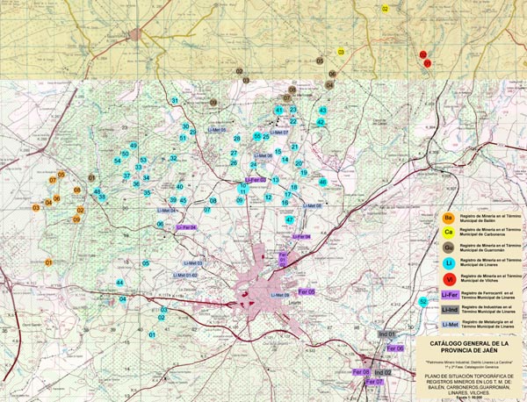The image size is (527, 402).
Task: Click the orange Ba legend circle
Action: click(x=449, y=217)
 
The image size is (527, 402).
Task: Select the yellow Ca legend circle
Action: click(x=449, y=232)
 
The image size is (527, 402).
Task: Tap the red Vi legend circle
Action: click(x=449, y=278)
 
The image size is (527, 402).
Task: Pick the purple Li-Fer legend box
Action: click(x=449, y=294)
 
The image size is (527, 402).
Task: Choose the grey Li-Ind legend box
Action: click(x=449, y=309)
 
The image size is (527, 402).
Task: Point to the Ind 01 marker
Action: click(x=387, y=334)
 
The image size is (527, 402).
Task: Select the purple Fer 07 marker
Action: click(x=374, y=383)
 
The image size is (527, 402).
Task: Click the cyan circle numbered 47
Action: click(x=289, y=219)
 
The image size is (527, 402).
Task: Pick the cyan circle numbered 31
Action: click(x=175, y=101)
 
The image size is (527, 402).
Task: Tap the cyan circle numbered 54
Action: click(x=117, y=161)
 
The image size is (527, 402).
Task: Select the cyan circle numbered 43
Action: click(x=322, y=111)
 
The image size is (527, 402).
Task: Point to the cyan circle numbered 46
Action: click(x=322, y=182)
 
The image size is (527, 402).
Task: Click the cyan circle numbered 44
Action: click(x=119, y=282)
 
